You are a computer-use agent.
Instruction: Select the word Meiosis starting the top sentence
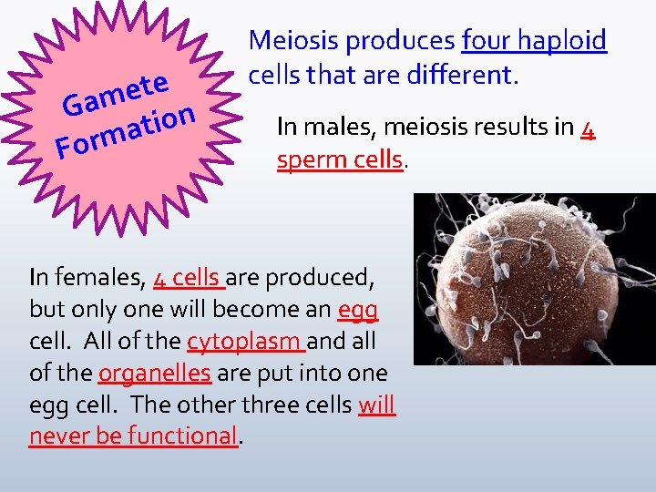[291, 41]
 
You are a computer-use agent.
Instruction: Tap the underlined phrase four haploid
[534, 41]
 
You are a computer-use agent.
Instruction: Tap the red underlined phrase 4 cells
[188, 276]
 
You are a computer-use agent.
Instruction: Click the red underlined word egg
[357, 310]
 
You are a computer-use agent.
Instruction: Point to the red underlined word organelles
[155, 373]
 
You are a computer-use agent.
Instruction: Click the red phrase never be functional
[133, 436]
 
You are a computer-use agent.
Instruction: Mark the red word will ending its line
[377, 404]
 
